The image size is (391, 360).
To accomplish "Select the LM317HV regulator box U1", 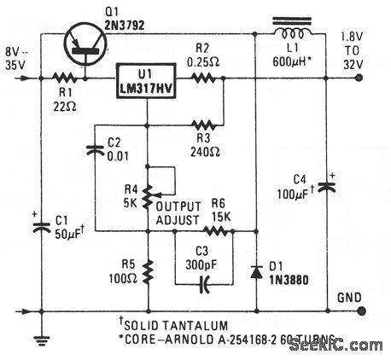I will coord(150,79).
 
